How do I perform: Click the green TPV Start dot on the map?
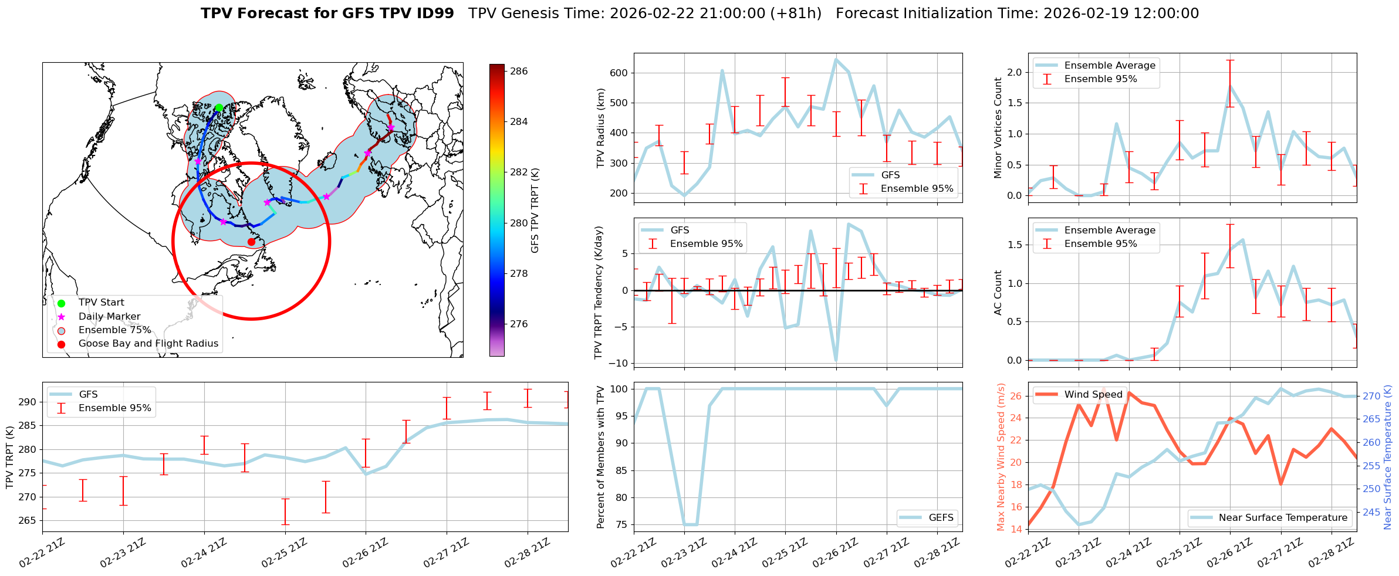click(219, 108)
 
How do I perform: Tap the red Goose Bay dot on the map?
click(251, 242)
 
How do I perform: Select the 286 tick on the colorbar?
click(519, 72)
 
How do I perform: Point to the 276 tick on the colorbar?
click(519, 324)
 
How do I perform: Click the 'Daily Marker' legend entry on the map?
click(109, 317)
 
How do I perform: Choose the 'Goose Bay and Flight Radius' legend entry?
click(148, 344)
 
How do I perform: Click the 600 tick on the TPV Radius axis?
click(620, 73)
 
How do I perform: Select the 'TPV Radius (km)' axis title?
click(600, 128)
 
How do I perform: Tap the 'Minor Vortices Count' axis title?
click(998, 128)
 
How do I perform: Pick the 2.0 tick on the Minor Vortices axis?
click(1014, 72)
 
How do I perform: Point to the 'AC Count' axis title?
click(998, 293)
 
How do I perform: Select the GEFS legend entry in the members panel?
click(941, 517)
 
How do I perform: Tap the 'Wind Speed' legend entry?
click(1093, 395)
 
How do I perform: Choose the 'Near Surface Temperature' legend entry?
click(1283, 517)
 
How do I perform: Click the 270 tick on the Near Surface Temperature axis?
click(1371, 397)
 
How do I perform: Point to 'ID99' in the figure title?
click(434, 13)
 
